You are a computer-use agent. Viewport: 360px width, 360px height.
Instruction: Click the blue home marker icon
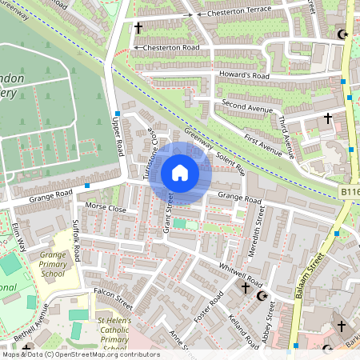coord(180,173)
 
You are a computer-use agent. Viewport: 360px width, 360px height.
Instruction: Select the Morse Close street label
coord(106,208)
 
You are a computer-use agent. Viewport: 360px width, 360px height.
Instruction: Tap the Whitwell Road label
coord(241,274)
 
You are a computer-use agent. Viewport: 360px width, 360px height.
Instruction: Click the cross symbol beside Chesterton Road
coord(138,29)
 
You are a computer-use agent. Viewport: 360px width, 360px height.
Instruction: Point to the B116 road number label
coord(349,193)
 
